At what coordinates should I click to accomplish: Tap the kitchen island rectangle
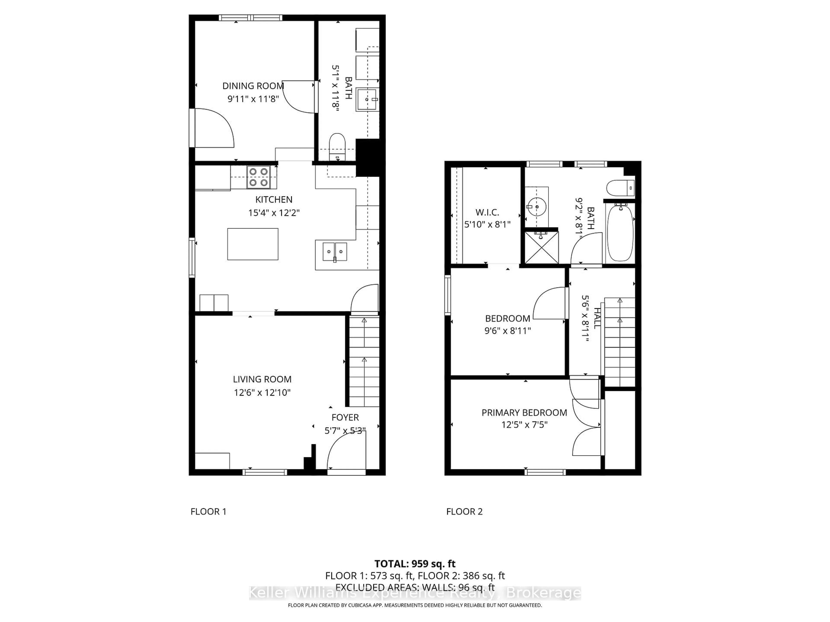(252, 244)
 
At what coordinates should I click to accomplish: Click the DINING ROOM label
(253, 86)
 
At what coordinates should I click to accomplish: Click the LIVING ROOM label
(262, 379)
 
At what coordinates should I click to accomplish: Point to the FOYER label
(345, 417)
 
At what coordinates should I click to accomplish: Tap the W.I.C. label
(487, 212)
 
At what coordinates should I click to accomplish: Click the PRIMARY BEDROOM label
(524, 413)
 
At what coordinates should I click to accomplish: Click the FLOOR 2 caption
(464, 511)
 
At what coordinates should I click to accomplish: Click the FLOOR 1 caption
(208, 511)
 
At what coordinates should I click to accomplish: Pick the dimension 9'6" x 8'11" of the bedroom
(507, 331)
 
